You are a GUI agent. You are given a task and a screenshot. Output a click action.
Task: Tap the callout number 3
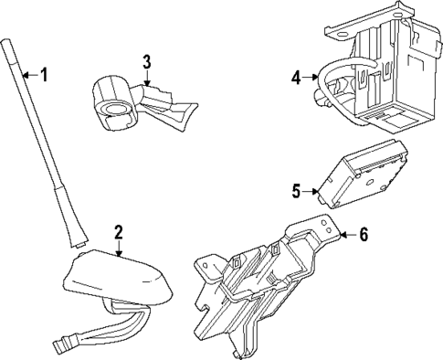click(146, 63)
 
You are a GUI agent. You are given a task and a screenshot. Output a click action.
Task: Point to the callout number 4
click(296, 79)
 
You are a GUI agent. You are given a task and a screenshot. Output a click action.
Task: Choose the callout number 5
click(296, 191)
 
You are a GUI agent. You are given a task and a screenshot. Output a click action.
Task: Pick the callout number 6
click(363, 235)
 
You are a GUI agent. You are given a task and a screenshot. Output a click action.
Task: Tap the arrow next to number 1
click(27, 74)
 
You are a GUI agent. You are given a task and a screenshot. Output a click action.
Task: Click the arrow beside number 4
click(311, 79)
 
